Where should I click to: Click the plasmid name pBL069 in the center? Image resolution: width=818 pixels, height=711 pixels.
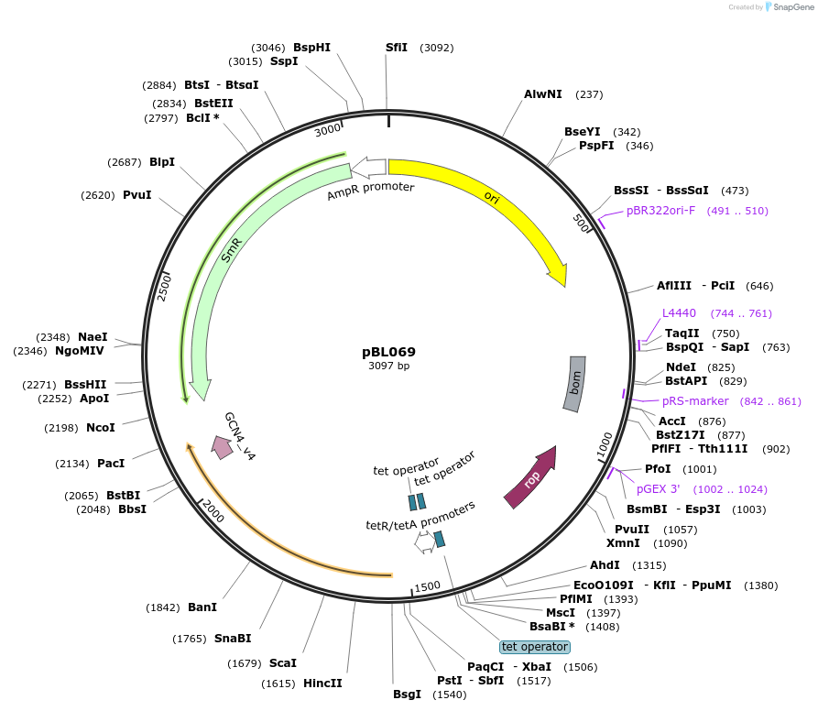388,352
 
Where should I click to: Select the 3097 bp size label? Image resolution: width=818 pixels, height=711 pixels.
388,366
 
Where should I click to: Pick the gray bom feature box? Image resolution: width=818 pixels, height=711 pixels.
573,383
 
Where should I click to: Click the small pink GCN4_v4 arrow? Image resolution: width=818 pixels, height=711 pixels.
222,446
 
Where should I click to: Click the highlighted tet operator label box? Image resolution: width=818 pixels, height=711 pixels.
535,646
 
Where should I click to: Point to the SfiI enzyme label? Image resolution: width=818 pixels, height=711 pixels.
397,48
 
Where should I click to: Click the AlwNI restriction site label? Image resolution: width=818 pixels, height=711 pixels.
543,94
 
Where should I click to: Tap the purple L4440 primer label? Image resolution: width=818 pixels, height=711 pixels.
681,313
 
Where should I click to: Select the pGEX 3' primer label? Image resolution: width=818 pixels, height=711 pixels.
659,489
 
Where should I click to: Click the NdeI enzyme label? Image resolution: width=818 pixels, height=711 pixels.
681,367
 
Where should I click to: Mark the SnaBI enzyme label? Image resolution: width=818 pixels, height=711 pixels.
233,639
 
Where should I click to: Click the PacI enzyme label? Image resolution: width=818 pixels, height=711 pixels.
111,464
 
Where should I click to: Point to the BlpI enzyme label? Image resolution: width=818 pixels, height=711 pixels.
162,162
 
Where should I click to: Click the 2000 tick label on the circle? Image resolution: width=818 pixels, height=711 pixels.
213,509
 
